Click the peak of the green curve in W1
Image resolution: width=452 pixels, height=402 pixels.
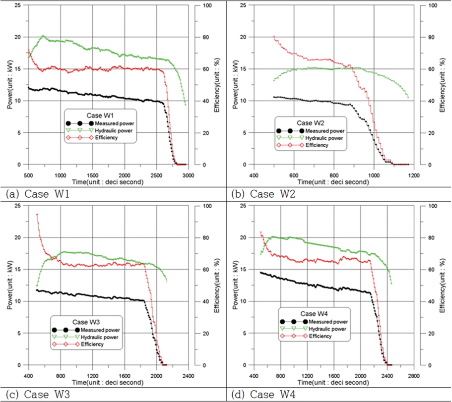pos(43,36)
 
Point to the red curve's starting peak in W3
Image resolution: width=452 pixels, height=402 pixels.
pos(37,214)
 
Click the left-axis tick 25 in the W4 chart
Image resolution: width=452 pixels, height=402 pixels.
pos(245,206)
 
